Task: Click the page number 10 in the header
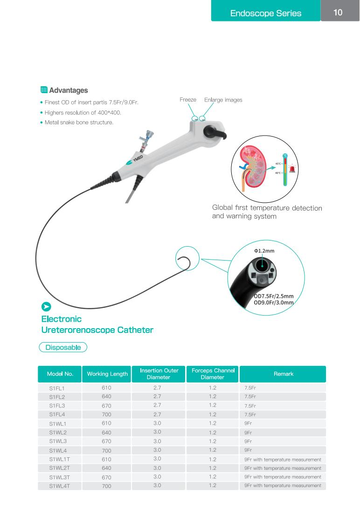coord(338,13)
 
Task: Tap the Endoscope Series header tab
coord(266,13)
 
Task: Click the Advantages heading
coord(68,90)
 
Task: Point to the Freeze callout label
coord(188,100)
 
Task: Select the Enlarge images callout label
coord(223,100)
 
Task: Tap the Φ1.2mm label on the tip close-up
coord(264,251)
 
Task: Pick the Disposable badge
coord(63,347)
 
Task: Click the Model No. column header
coord(60,374)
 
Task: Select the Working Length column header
coord(107,374)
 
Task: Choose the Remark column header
coord(283,374)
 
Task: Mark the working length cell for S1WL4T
coord(107,486)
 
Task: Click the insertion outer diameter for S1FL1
coord(157,387)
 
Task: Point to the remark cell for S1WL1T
coord(283,460)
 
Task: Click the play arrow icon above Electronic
coord(46,307)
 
